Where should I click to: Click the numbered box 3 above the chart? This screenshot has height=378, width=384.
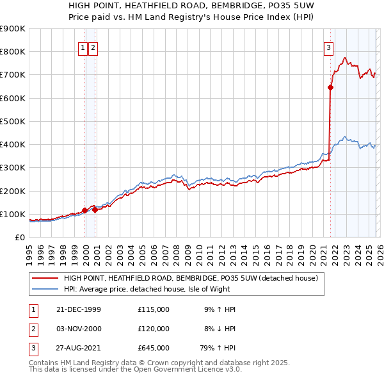328,47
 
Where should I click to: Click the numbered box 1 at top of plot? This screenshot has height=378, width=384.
83,47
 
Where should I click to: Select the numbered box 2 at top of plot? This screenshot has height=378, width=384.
93,47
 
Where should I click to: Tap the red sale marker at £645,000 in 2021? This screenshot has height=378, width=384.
331,88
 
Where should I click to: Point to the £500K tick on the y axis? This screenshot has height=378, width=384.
13,121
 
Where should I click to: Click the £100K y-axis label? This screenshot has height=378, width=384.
13,214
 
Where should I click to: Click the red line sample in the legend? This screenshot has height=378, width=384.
45,278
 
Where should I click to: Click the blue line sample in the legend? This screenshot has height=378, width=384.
45,289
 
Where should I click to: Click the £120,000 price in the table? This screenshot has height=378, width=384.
154,329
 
